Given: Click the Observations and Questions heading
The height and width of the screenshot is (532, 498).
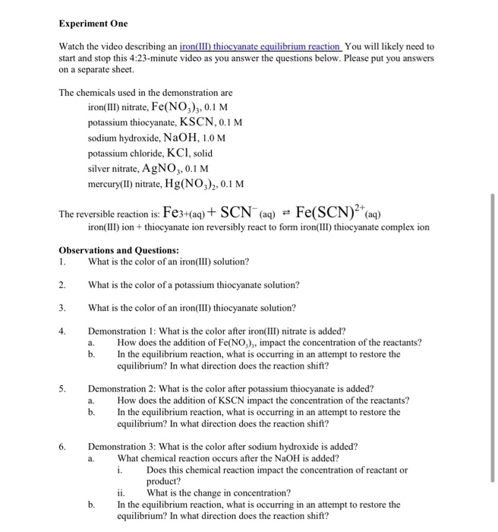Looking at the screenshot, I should [x=118, y=250].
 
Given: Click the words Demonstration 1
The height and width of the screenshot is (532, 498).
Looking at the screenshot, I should [x=126, y=331].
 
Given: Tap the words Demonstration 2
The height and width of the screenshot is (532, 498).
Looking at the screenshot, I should [x=126, y=388].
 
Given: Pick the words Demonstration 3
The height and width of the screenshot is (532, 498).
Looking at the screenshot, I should [x=126, y=446].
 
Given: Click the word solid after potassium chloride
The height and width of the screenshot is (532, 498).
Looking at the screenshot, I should [x=219, y=153].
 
